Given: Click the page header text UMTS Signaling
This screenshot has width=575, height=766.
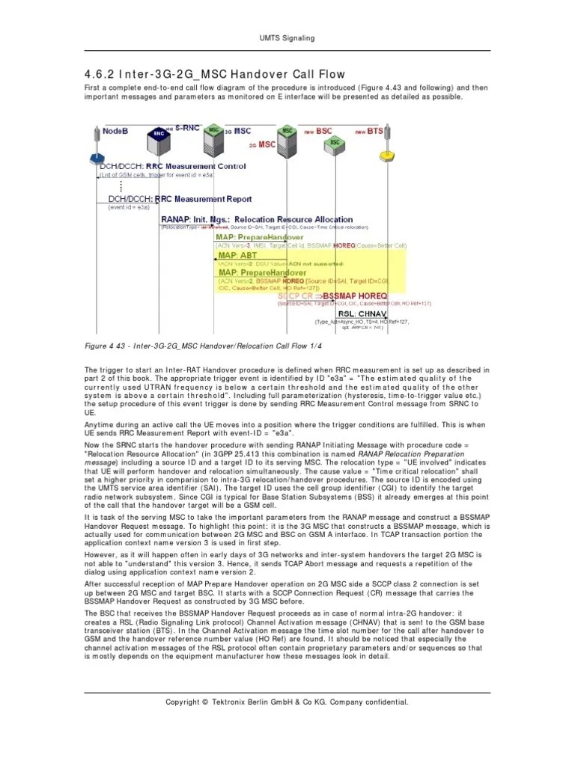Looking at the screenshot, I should tap(287, 37).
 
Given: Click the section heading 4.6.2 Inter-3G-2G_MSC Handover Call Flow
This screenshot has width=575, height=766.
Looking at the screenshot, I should tap(214, 73).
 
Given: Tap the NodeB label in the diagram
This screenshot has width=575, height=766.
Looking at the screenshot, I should tap(117, 131).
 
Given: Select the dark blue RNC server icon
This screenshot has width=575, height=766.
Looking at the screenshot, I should tap(159, 134).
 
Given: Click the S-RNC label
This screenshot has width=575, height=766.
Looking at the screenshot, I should tap(188, 128).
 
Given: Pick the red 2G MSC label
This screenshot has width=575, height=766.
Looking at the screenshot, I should tap(261, 144).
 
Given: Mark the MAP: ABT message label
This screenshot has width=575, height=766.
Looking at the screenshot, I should tap(238, 255).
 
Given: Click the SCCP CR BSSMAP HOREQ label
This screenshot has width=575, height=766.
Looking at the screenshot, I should tap(332, 295).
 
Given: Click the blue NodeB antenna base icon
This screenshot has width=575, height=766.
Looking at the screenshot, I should tap(96, 159).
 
